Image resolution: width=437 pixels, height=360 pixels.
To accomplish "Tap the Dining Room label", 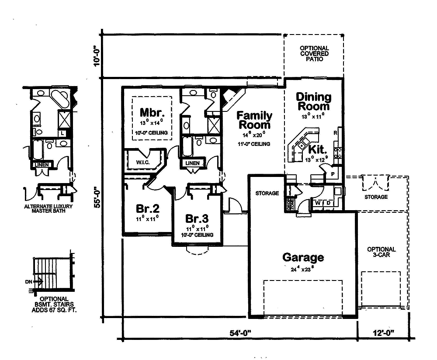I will (x=313, y=101).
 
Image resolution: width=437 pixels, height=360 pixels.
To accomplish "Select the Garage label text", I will (x=303, y=257).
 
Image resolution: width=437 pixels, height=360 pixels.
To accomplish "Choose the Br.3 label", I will (x=197, y=218).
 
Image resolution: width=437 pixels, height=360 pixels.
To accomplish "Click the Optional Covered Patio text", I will (x=314, y=53).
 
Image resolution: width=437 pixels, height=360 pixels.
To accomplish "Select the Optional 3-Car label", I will (x=381, y=252).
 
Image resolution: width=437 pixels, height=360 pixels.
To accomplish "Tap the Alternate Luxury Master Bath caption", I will (x=48, y=209).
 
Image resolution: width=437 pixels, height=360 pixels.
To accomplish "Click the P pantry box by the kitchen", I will (x=333, y=173).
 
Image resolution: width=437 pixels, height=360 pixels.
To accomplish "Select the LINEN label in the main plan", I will (x=193, y=163).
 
